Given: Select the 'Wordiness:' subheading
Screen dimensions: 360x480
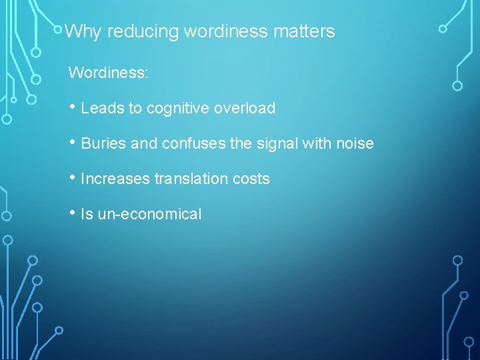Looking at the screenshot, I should (x=108, y=73).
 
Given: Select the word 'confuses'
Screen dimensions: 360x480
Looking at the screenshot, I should (x=185, y=143).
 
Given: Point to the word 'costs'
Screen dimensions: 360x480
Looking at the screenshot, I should (x=252, y=179).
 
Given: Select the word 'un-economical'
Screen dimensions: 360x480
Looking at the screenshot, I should (x=150, y=214).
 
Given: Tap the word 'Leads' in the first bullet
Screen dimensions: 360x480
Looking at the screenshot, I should (x=100, y=108).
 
